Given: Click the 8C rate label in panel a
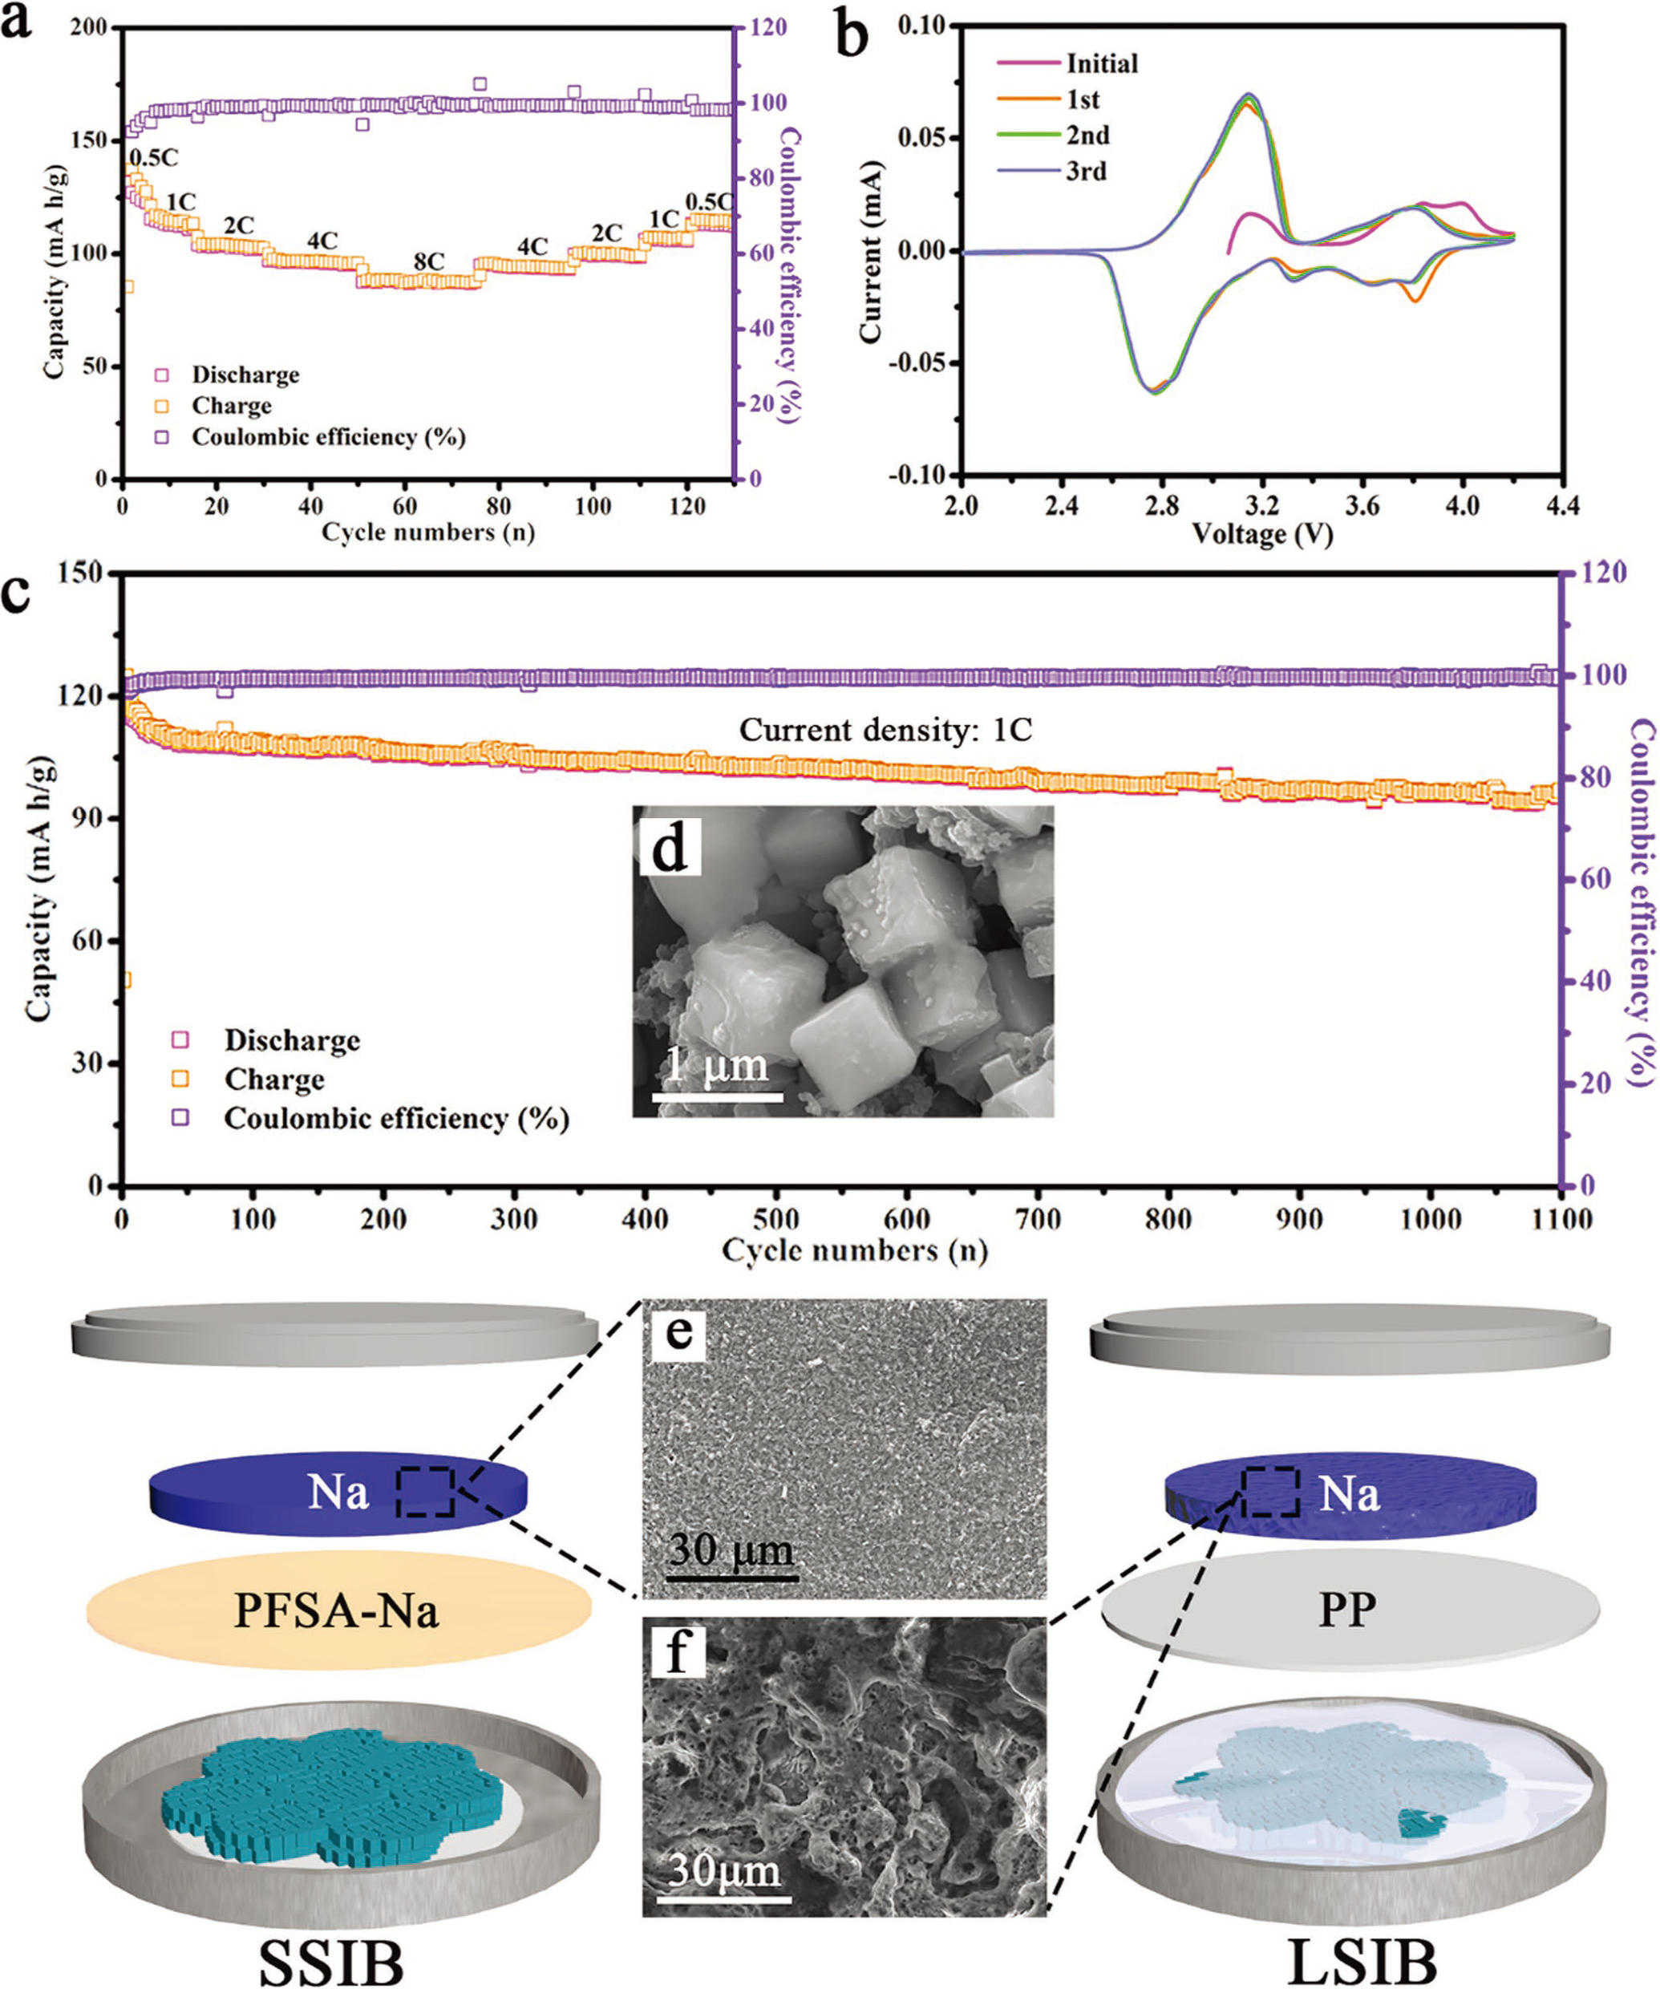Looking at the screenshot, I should [428, 261].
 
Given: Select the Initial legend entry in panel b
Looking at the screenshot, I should [1101, 63].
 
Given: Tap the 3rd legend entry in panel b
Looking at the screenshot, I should [1086, 172].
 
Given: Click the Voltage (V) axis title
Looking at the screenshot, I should [1261, 535].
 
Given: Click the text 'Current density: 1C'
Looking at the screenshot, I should [885, 731].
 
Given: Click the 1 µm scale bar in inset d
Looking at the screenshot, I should [717, 1097].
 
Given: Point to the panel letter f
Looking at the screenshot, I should [675, 1653].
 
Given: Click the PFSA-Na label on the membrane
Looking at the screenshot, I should [337, 1611].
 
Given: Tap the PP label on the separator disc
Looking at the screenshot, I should [1347, 1608].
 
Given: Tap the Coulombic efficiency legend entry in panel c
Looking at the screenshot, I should [396, 1119].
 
